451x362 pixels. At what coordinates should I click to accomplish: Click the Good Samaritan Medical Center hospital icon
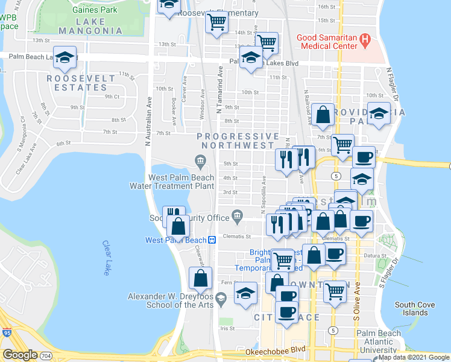click(x=364, y=42)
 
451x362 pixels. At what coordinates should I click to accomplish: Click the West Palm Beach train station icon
click(x=212, y=240)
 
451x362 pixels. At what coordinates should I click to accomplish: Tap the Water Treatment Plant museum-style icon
click(x=200, y=160)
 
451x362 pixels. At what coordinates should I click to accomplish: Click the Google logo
click(x=20, y=354)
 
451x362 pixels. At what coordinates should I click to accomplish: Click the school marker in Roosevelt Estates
click(x=65, y=57)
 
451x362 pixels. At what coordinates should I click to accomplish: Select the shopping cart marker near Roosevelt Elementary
click(x=216, y=22)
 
